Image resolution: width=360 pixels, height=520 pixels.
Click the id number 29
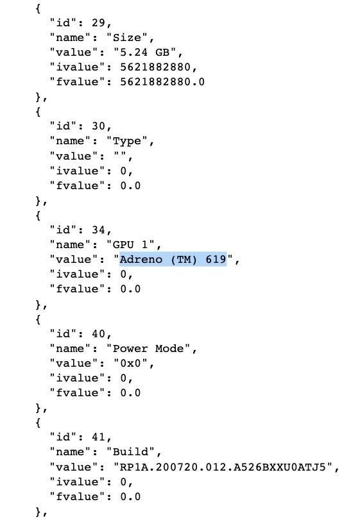click(x=98, y=23)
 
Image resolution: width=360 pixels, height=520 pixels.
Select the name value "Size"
click(x=127, y=37)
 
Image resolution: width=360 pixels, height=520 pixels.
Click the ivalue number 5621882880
click(x=155, y=67)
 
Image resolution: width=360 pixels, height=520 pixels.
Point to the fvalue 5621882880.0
click(x=162, y=82)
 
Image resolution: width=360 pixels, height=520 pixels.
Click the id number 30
click(x=98, y=126)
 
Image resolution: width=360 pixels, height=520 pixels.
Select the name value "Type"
click(x=127, y=141)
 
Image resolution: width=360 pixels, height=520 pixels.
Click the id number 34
click(x=98, y=230)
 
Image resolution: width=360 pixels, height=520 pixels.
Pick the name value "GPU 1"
click(x=130, y=245)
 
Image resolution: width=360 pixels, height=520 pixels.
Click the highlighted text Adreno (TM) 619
click(x=173, y=259)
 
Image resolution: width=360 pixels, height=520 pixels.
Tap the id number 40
click(x=98, y=334)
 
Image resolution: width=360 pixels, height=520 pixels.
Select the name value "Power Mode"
click(x=148, y=349)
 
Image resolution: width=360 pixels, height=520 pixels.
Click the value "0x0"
click(x=131, y=364)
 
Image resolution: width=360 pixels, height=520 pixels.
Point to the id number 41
click(x=98, y=437)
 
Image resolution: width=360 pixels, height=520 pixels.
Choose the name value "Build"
click(x=130, y=452)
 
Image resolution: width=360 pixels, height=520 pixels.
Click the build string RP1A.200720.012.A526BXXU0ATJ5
click(x=223, y=467)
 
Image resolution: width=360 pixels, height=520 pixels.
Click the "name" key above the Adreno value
click(x=70, y=245)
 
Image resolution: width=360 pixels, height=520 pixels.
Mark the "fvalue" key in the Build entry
click(x=77, y=497)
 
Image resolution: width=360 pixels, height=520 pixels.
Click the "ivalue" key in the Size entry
click(x=77, y=67)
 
